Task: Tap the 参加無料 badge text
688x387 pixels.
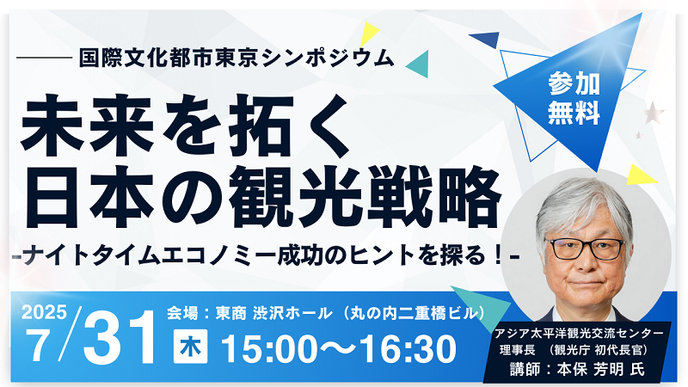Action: click(x=574, y=98)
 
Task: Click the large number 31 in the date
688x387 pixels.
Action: click(x=120, y=337)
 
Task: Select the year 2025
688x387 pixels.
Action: click(x=44, y=312)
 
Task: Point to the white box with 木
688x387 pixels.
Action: click(x=190, y=347)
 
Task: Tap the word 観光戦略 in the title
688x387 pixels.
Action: click(x=365, y=198)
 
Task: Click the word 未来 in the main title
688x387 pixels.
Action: click(x=88, y=126)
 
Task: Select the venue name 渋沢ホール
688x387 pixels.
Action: click(x=292, y=313)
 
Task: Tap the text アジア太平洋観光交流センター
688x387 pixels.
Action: click(x=579, y=334)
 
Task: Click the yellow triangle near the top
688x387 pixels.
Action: click(x=370, y=34)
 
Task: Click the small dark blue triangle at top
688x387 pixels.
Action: click(x=486, y=40)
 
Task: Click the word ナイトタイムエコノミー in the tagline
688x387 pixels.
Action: click(x=150, y=256)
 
